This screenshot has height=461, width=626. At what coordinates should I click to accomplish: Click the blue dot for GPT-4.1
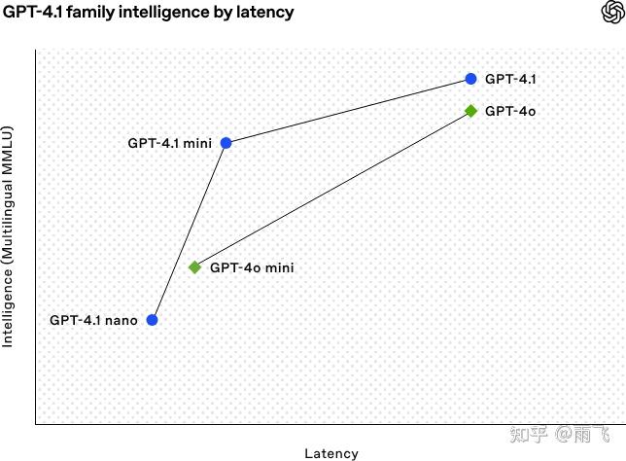click(x=470, y=79)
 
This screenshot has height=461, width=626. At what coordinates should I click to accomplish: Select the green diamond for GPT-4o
click(x=470, y=111)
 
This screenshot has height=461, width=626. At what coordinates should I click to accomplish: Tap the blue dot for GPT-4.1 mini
click(x=226, y=143)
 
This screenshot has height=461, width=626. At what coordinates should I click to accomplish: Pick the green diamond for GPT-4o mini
click(x=194, y=267)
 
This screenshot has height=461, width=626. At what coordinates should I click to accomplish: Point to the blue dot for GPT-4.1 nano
click(x=152, y=320)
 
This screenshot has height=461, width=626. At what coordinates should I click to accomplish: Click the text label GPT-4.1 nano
click(x=93, y=320)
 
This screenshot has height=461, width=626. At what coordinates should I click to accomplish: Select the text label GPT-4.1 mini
click(x=169, y=143)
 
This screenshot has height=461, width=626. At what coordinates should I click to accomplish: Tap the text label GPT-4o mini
click(x=252, y=267)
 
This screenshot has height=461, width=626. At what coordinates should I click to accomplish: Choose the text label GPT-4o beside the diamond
click(x=510, y=111)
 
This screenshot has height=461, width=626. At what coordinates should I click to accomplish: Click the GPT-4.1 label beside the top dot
click(x=510, y=79)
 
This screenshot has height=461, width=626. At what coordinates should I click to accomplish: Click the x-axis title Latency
click(x=331, y=453)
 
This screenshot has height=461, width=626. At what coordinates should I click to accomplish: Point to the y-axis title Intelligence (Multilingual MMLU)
click(x=8, y=236)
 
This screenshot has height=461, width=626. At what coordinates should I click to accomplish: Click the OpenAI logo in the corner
click(x=612, y=12)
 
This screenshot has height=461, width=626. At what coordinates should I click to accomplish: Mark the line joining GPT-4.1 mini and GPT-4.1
click(x=348, y=111)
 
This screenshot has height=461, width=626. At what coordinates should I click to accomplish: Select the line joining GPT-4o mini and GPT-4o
click(x=332, y=190)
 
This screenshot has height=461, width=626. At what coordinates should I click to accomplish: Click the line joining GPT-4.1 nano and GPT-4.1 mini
click(x=189, y=231)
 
